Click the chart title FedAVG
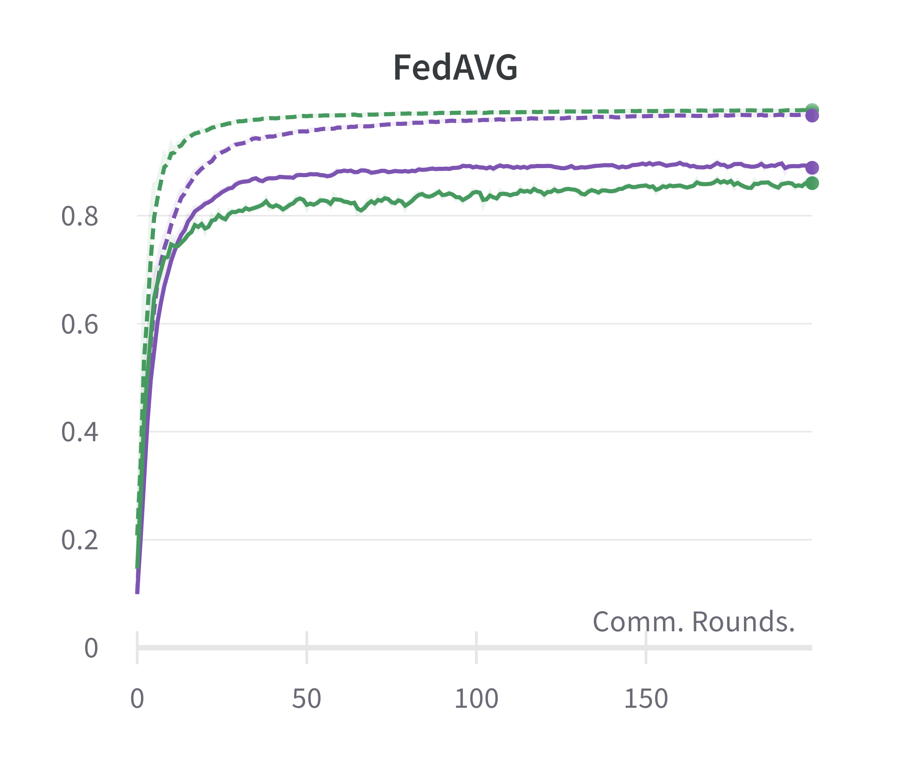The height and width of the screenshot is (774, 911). coord(455,68)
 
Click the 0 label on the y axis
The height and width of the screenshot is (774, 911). coord(91,648)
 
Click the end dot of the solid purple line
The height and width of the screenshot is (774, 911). coord(812,167)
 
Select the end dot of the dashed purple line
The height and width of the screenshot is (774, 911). coord(812,116)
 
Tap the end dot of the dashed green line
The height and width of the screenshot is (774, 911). coord(812,109)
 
